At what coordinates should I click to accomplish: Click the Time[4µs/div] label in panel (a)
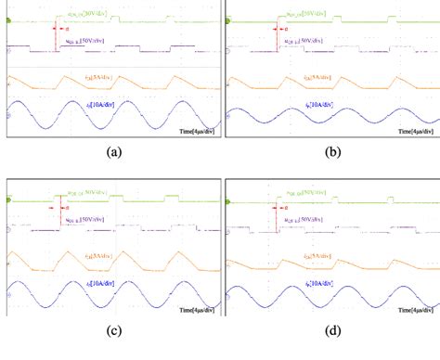tap(197, 133)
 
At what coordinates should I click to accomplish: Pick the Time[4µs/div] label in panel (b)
tap(416, 133)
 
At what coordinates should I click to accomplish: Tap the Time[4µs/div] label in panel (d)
tap(416, 312)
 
